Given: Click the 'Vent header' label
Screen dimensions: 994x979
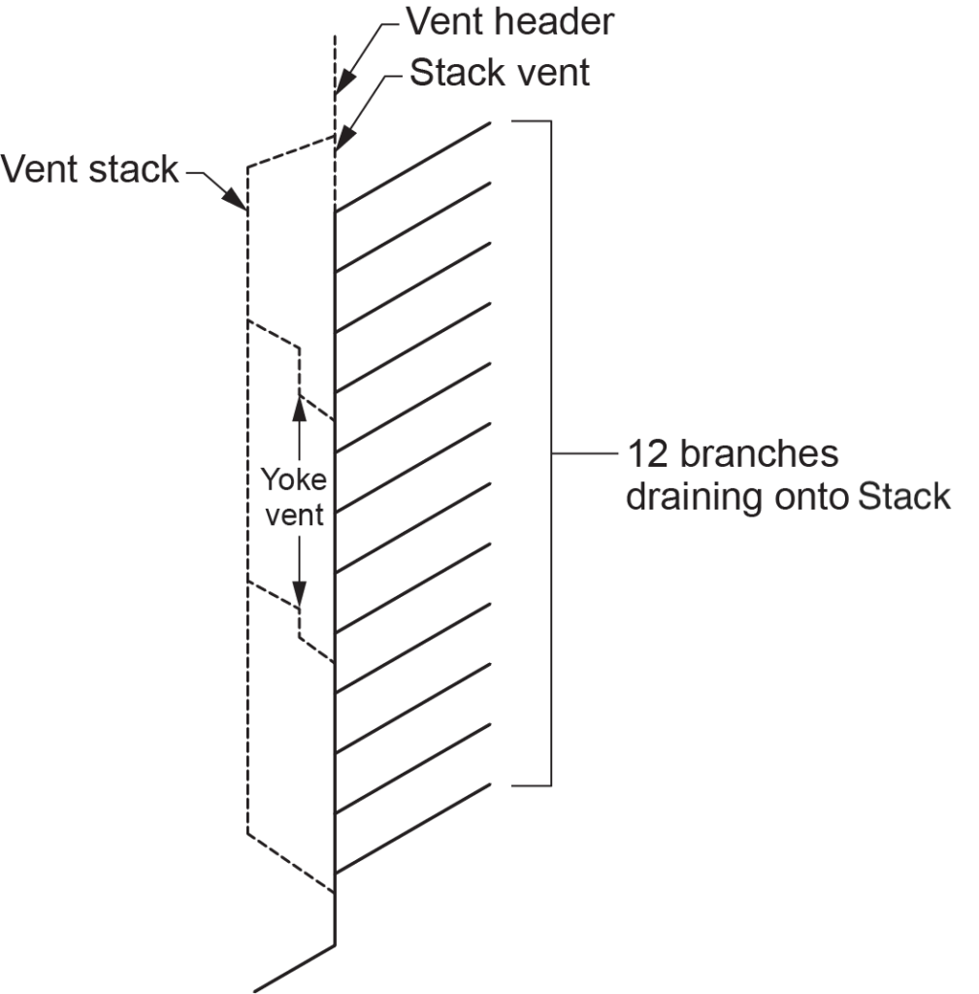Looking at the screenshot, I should [x=508, y=21].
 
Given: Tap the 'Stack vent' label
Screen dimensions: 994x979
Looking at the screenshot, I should [x=500, y=73].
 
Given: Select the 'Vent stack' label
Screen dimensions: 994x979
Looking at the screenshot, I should [x=89, y=170].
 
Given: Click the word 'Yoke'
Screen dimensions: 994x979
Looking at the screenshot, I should [x=294, y=480].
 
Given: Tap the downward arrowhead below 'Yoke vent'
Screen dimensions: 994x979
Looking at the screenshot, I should [x=299, y=594].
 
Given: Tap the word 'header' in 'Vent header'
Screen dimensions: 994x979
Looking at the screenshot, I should [x=560, y=21].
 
